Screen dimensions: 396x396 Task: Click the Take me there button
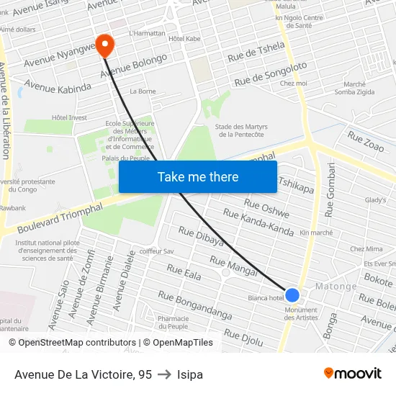point(198,176)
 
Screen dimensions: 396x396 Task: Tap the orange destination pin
point(105,45)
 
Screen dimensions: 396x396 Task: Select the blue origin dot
point(292,294)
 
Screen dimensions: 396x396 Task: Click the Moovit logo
point(353,373)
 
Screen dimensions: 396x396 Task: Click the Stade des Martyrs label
point(241,130)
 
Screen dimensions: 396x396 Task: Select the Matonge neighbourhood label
point(336,287)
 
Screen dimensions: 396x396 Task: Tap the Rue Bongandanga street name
point(194,305)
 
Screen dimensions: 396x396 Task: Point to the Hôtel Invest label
point(69,117)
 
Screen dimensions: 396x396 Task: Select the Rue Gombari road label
point(330,190)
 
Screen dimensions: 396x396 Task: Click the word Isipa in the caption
point(190,374)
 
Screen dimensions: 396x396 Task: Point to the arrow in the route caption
point(164,374)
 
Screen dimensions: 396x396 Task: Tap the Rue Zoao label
point(365,140)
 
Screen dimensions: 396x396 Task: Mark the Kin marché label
point(316,233)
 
